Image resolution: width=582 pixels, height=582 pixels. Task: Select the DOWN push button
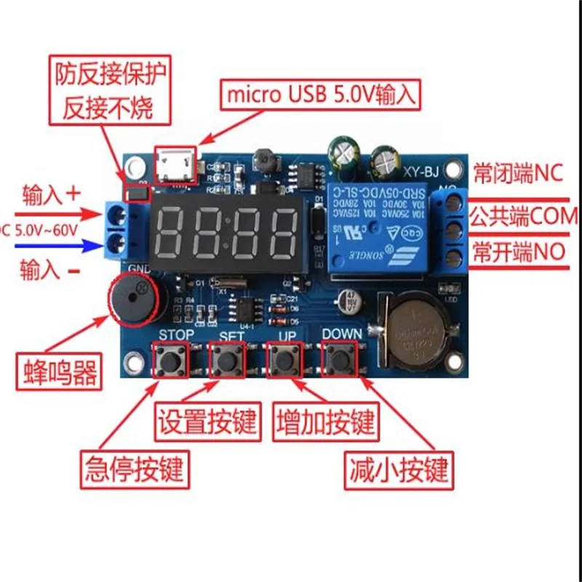point(341,359)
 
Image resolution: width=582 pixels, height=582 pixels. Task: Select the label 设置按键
point(208,422)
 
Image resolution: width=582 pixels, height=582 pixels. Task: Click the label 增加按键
point(326,422)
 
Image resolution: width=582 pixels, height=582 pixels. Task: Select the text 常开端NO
point(518,253)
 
